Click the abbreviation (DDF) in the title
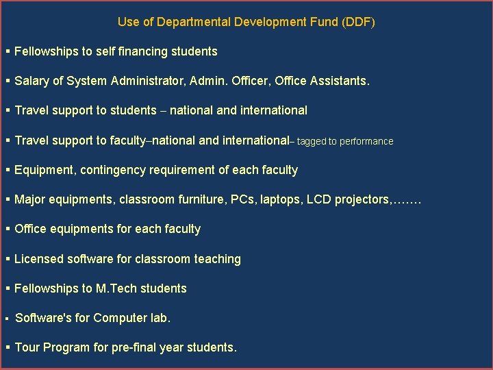tap(359, 22)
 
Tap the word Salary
tap(31, 81)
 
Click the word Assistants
tap(340, 81)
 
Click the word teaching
tap(218, 259)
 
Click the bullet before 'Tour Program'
tap(8, 347)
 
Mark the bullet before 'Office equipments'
tap(8, 229)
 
